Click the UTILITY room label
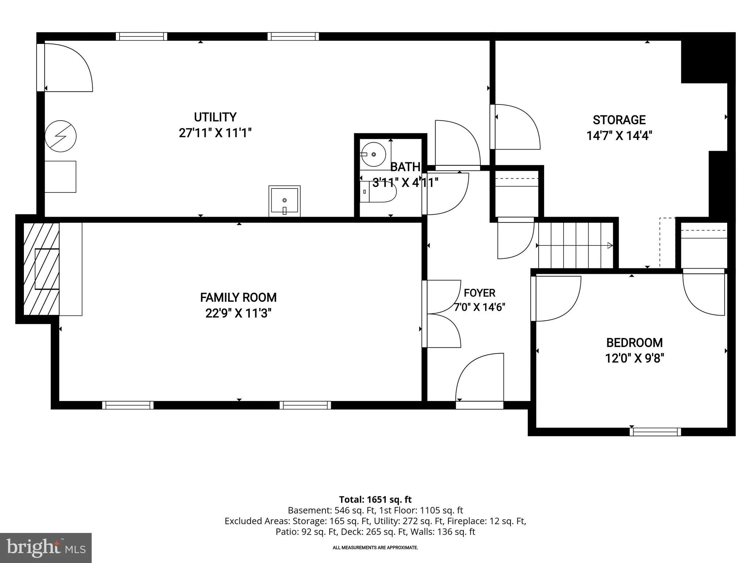pyautogui.click(x=215, y=117)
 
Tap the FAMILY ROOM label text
pyautogui.click(x=238, y=297)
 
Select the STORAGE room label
pyautogui.click(x=619, y=120)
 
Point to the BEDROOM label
pyautogui.click(x=634, y=343)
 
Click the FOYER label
pyautogui.click(x=479, y=293)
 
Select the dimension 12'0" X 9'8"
pyautogui.click(x=634, y=358)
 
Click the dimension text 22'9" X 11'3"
pyautogui.click(x=238, y=313)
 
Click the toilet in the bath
pyautogui.click(x=378, y=192)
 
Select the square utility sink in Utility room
pyautogui.click(x=285, y=201)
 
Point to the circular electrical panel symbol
pyautogui.click(x=61, y=136)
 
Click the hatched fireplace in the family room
pyautogui.click(x=41, y=269)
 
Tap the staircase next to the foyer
pyautogui.click(x=575, y=245)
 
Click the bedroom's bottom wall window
pyautogui.click(x=655, y=432)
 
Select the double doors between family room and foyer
pyautogui.click(x=442, y=314)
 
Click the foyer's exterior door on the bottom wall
pyautogui.click(x=480, y=381)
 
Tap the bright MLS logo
pyautogui.click(x=45, y=548)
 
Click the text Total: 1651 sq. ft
pyautogui.click(x=375, y=500)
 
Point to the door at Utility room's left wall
pyautogui.click(x=65, y=67)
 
